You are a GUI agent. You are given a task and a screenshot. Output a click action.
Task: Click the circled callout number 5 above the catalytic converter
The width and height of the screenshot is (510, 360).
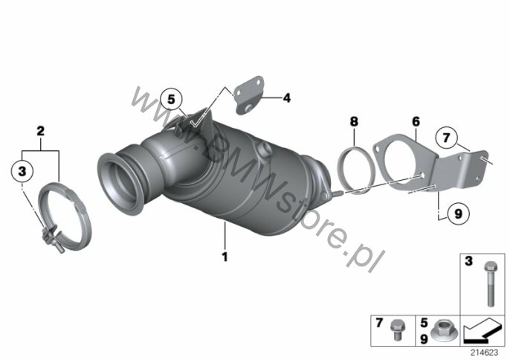click(172, 99)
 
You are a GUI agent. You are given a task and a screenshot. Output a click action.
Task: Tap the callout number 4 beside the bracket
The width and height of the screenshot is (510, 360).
click(286, 97)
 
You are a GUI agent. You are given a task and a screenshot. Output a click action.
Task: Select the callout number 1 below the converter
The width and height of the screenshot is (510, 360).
click(225, 257)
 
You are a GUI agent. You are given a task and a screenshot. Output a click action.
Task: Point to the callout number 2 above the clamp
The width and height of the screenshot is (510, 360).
click(40, 131)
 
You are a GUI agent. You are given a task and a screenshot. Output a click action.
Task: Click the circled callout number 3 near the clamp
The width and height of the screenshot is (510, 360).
click(22, 170)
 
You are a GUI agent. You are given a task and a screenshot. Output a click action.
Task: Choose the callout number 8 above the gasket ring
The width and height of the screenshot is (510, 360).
click(354, 122)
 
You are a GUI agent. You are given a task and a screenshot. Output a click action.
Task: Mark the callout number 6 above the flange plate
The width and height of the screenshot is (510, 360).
click(416, 122)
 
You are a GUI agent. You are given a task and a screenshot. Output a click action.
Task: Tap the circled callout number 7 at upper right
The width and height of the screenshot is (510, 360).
click(446, 138)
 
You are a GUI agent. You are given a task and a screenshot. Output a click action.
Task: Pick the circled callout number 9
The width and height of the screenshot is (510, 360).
click(458, 214)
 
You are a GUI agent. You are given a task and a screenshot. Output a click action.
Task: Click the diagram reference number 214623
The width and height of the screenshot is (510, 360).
click(484, 353)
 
